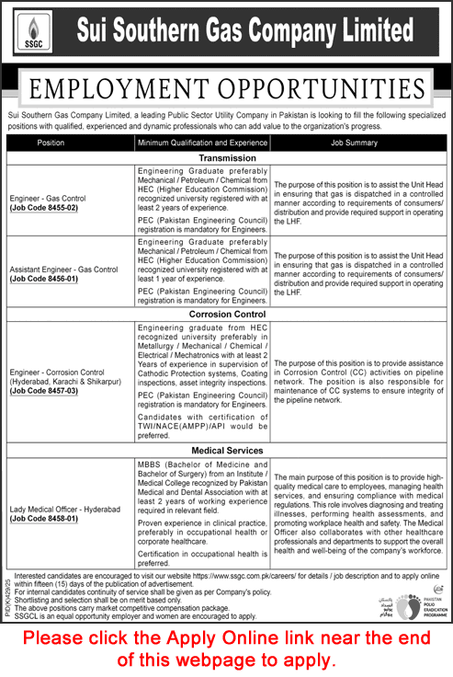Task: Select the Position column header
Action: click(51, 143)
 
